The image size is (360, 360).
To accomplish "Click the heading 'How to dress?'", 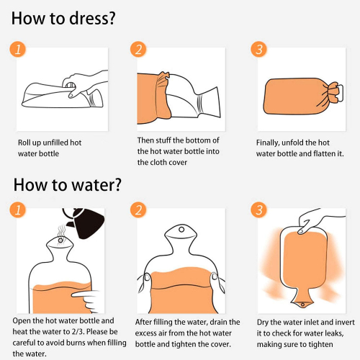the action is click(63, 19).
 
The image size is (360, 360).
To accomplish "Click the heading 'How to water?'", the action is click(68, 185).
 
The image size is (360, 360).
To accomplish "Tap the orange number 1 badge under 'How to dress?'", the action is click(18, 50).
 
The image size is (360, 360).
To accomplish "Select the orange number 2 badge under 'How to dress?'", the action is click(138, 50).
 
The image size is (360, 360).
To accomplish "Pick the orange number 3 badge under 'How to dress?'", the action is click(258, 50).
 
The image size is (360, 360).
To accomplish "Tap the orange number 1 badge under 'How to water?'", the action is click(18, 210).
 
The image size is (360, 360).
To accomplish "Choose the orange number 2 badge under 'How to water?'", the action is click(138, 210).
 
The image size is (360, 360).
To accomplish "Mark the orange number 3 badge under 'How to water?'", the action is click(258, 210).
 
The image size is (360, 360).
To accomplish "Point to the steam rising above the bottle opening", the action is click(61, 230).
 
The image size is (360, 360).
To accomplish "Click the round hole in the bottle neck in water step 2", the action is click(181, 230).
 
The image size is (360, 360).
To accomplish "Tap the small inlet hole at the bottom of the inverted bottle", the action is click(302, 305).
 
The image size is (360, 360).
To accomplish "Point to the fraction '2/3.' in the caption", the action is click(78, 332).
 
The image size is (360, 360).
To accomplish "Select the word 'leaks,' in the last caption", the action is click(334, 333).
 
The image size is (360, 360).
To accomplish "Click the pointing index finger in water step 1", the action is click(83, 294).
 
